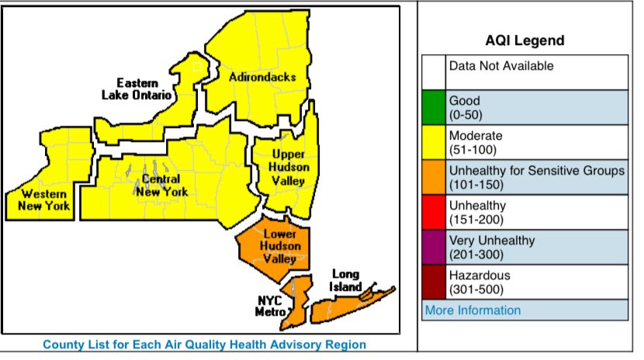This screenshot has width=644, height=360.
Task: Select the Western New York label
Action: tap(44, 199)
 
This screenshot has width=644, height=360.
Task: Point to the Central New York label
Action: tap(161, 185)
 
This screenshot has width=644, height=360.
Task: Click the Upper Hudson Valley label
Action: tap(288, 167)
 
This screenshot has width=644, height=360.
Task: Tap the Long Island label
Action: tap(346, 280)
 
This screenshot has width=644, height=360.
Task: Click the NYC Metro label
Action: tap(272, 306)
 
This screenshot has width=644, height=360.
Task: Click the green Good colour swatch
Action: tap(434, 107)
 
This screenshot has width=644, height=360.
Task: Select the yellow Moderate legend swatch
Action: tap(434, 143)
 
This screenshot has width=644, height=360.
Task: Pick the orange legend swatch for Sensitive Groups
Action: tap(434, 178)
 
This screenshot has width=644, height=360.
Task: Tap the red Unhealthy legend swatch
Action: tap(434, 213)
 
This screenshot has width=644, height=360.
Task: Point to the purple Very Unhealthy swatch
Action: tap(434, 247)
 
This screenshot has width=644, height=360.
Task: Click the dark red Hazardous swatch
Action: tap(434, 282)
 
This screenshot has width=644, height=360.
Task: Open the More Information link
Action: tap(473, 310)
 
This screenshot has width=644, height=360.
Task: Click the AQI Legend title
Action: tap(525, 40)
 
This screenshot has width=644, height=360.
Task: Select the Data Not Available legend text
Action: tap(501, 66)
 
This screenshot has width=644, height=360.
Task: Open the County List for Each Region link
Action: tap(204, 344)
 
